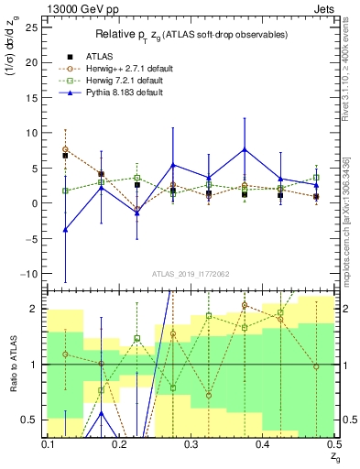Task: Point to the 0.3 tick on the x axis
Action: pos(191,443)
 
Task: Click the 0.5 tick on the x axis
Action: pos(333,443)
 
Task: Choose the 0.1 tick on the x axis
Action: pos(49,443)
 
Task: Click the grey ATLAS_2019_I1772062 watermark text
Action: pos(191,274)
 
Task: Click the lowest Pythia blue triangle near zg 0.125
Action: pos(65,230)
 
